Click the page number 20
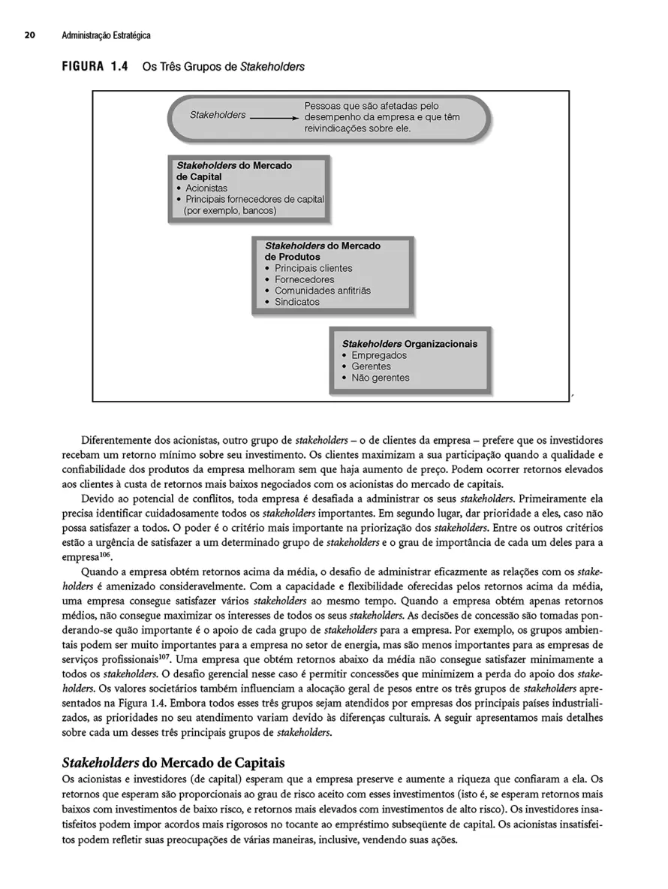coord(29,35)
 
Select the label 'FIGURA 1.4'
coord(91,67)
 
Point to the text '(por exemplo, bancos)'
coord(230,210)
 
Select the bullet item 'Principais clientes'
coord(313,268)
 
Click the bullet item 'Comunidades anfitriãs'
coord(322,291)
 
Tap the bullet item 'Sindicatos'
coord(296,302)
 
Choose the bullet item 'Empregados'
coord(379,355)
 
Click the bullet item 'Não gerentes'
coord(381,378)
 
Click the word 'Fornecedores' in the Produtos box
coord(304,279)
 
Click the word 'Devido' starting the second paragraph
coord(95,499)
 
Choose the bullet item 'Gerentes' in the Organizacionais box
coord(371,366)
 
